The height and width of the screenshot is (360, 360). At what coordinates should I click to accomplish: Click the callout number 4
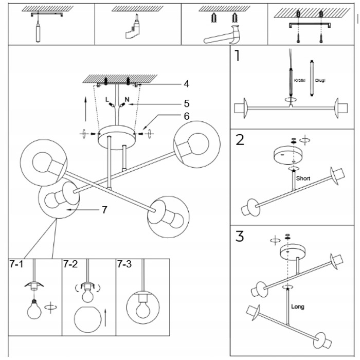pyautogui.click(x=186, y=84)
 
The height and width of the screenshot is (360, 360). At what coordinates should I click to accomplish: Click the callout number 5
pyautogui.click(x=187, y=103)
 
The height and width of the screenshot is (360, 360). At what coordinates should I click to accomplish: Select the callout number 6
pyautogui.click(x=187, y=116)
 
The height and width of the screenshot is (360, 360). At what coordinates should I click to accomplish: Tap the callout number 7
pyautogui.click(x=104, y=210)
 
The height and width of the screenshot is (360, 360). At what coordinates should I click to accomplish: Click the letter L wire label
pyautogui.click(x=107, y=100)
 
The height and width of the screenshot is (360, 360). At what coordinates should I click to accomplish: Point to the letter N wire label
pyautogui.click(x=127, y=99)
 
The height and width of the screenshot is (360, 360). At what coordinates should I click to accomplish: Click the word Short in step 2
pyautogui.click(x=303, y=178)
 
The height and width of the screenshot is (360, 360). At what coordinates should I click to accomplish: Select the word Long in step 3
pyautogui.click(x=298, y=307)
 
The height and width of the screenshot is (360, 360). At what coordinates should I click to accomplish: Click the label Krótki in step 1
pyautogui.click(x=300, y=81)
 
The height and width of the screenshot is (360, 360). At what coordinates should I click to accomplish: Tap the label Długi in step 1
pyautogui.click(x=320, y=81)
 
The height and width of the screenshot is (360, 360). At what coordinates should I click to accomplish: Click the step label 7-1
pyautogui.click(x=16, y=264)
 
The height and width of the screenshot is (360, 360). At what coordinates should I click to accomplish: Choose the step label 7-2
pyautogui.click(x=70, y=264)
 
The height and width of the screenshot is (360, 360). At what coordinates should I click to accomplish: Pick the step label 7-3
pyautogui.click(x=124, y=264)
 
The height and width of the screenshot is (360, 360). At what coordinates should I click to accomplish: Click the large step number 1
pyautogui.click(x=238, y=56)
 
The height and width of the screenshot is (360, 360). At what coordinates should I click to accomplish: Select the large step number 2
pyautogui.click(x=240, y=139)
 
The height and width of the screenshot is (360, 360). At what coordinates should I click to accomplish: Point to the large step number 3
pyautogui.click(x=240, y=236)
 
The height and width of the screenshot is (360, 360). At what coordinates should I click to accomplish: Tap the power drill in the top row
pyautogui.click(x=133, y=27)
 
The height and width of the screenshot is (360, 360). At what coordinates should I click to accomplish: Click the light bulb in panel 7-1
pyautogui.click(x=34, y=309)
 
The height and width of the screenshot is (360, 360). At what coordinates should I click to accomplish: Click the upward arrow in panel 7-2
pyautogui.click(x=105, y=317)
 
